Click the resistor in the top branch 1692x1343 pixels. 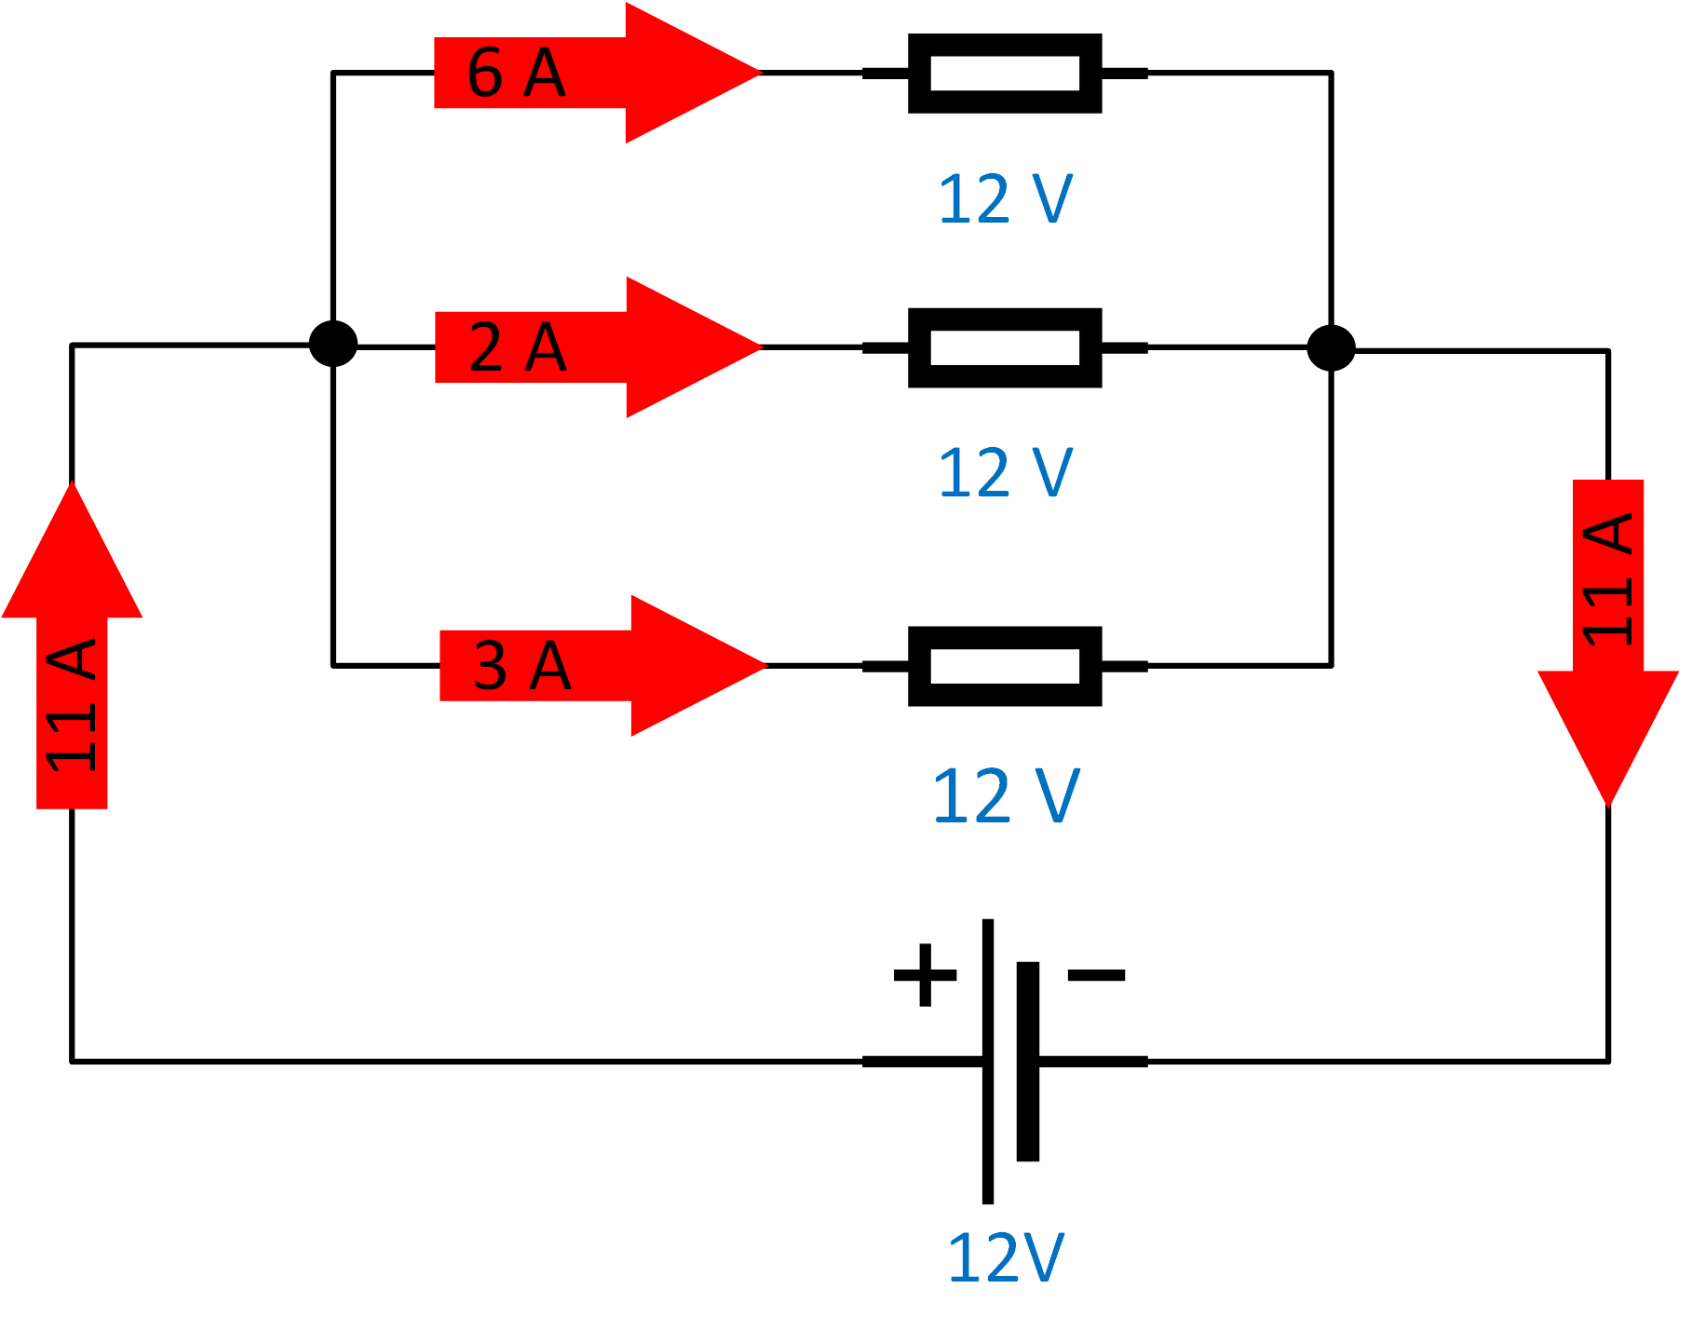point(1005,74)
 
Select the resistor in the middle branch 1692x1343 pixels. point(1005,347)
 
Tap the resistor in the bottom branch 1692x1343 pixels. point(1005,666)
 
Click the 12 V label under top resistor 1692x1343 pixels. point(1005,199)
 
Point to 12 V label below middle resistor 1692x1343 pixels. point(1005,473)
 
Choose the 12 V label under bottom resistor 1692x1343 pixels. point(1005,796)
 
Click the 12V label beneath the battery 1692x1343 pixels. point(1005,1258)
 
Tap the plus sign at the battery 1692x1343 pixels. point(925,975)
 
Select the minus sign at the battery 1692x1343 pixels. point(1096,975)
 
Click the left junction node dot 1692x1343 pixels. point(332,344)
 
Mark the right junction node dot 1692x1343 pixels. point(1331,348)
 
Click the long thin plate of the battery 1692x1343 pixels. point(987,1062)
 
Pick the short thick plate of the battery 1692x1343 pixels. point(1028,1062)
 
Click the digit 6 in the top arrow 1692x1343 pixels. point(485,73)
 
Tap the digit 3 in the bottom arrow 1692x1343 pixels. point(491,666)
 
